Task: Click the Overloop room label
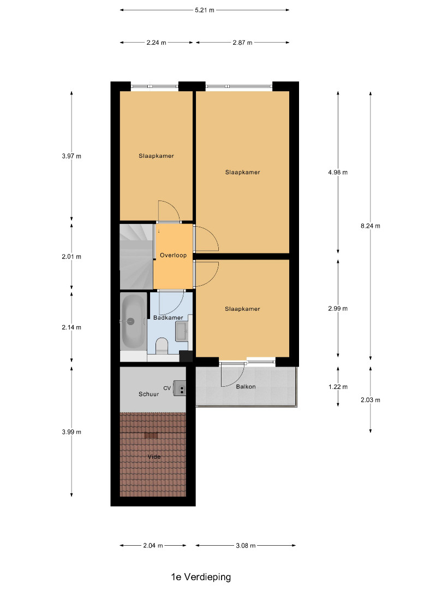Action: pyautogui.click(x=174, y=255)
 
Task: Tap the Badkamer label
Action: pyautogui.click(x=168, y=317)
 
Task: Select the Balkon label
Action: pyautogui.click(x=246, y=386)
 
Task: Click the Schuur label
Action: pyautogui.click(x=148, y=394)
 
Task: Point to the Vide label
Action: pyautogui.click(x=154, y=457)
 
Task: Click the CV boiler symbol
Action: pyautogui.click(x=180, y=388)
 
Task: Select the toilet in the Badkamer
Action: pyautogui.click(x=162, y=345)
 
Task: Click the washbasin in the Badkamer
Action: pyautogui.click(x=182, y=332)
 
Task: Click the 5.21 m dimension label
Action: pyautogui.click(x=205, y=10)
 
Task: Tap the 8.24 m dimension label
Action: pyautogui.click(x=370, y=226)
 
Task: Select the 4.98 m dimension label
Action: pyautogui.click(x=338, y=172)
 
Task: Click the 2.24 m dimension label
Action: pyautogui.click(x=157, y=43)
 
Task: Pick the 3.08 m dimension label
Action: pyautogui.click(x=246, y=545)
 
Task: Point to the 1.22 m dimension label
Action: pyautogui.click(x=338, y=387)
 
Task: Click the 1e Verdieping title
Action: pyautogui.click(x=201, y=577)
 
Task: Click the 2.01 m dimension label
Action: pyautogui.click(x=71, y=257)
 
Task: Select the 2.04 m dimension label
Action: pyautogui.click(x=153, y=545)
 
